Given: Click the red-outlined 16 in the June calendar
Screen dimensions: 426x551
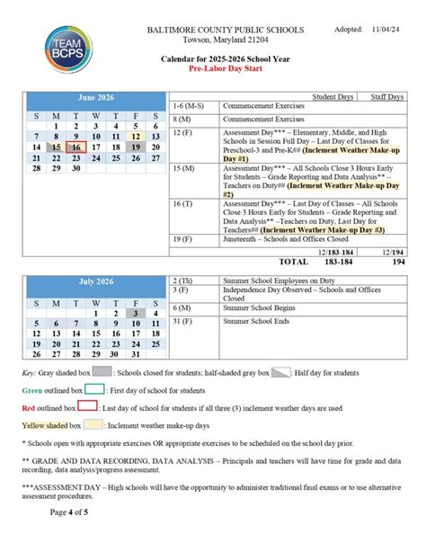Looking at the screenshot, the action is [76, 147].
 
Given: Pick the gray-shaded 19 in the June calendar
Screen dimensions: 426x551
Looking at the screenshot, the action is [136, 147].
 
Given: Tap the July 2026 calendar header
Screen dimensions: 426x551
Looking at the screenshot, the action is [96, 281].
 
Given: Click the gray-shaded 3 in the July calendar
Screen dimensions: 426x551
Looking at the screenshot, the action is [136, 312].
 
